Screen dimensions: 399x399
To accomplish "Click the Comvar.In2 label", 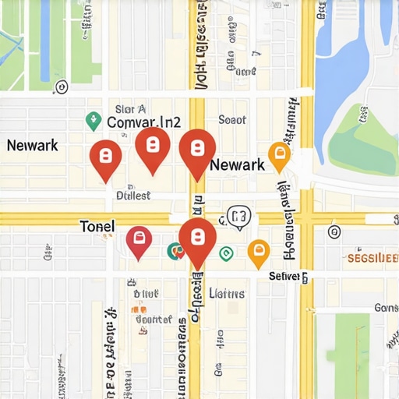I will point(143,122).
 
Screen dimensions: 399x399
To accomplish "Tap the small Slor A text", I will point(130,109).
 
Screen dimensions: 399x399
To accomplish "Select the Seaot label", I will point(232,120).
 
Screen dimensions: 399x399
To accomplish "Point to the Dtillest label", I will point(132,196).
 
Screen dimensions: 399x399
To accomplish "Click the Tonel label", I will point(97,226).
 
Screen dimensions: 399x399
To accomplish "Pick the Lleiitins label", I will point(228,294).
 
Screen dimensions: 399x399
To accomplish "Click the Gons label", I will point(386,308).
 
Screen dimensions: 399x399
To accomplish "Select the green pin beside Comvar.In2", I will point(93,120).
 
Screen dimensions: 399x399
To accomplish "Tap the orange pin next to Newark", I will point(278,156).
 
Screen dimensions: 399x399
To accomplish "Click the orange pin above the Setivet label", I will point(258,252).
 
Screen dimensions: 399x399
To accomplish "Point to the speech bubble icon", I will point(238,217).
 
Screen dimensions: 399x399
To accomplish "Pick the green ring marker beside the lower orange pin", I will point(226,252).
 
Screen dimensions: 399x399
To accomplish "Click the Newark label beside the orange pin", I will point(238,165).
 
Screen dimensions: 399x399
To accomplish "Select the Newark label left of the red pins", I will point(33,146).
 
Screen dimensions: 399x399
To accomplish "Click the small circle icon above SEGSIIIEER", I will point(335,231).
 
